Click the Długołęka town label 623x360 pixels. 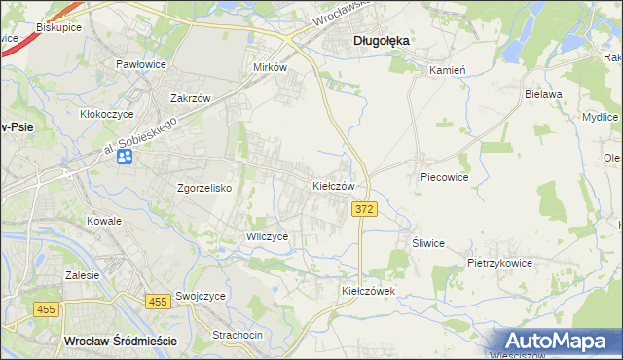point(381,41)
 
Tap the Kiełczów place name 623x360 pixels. point(339,185)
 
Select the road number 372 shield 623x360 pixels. point(363,210)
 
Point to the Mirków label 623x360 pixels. point(270,68)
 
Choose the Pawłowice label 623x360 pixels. point(141,64)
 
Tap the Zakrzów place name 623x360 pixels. point(191,99)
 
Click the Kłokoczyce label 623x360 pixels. point(106,114)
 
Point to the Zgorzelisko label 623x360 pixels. point(203,189)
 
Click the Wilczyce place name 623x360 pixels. point(267,236)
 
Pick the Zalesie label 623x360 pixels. point(83,275)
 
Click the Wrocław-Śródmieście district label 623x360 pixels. point(119,341)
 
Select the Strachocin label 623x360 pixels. point(238,335)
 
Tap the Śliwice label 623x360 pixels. point(428,244)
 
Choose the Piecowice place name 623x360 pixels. point(445,178)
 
